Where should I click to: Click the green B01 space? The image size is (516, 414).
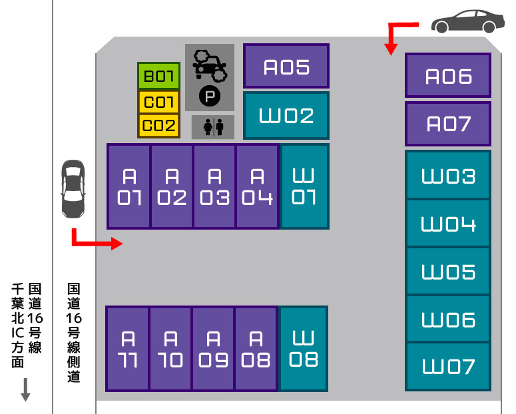pyautogui.click(x=158, y=76)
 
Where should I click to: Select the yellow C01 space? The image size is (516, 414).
pyautogui.click(x=158, y=102)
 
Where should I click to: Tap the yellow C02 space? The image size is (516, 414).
pyautogui.click(x=158, y=126)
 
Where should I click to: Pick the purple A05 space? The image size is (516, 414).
pyautogui.click(x=286, y=66)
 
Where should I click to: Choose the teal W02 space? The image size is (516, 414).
pyautogui.click(x=286, y=116)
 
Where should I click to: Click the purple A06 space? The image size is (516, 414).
pyautogui.click(x=448, y=75)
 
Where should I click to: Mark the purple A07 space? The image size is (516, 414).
pyautogui.click(x=448, y=124)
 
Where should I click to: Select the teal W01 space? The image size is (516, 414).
pyautogui.click(x=304, y=186)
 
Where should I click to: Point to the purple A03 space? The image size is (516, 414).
pyautogui.click(x=214, y=186)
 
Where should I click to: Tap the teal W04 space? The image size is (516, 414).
pyautogui.click(x=448, y=223)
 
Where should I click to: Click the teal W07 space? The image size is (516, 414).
pyautogui.click(x=448, y=367)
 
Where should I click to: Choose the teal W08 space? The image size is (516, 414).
pyautogui.click(x=304, y=349)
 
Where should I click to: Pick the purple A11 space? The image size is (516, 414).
pyautogui.click(x=128, y=349)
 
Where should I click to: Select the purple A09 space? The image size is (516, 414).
pyautogui.click(x=213, y=349)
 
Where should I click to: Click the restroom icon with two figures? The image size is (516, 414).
pyautogui.click(x=213, y=127)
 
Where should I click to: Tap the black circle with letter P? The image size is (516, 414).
pyautogui.click(x=210, y=96)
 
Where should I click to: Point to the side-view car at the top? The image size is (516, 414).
pyautogui.click(x=467, y=21)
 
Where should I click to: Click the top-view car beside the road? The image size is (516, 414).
pyautogui.click(x=73, y=189)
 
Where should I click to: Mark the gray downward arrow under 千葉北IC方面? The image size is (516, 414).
pyautogui.click(x=25, y=390)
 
